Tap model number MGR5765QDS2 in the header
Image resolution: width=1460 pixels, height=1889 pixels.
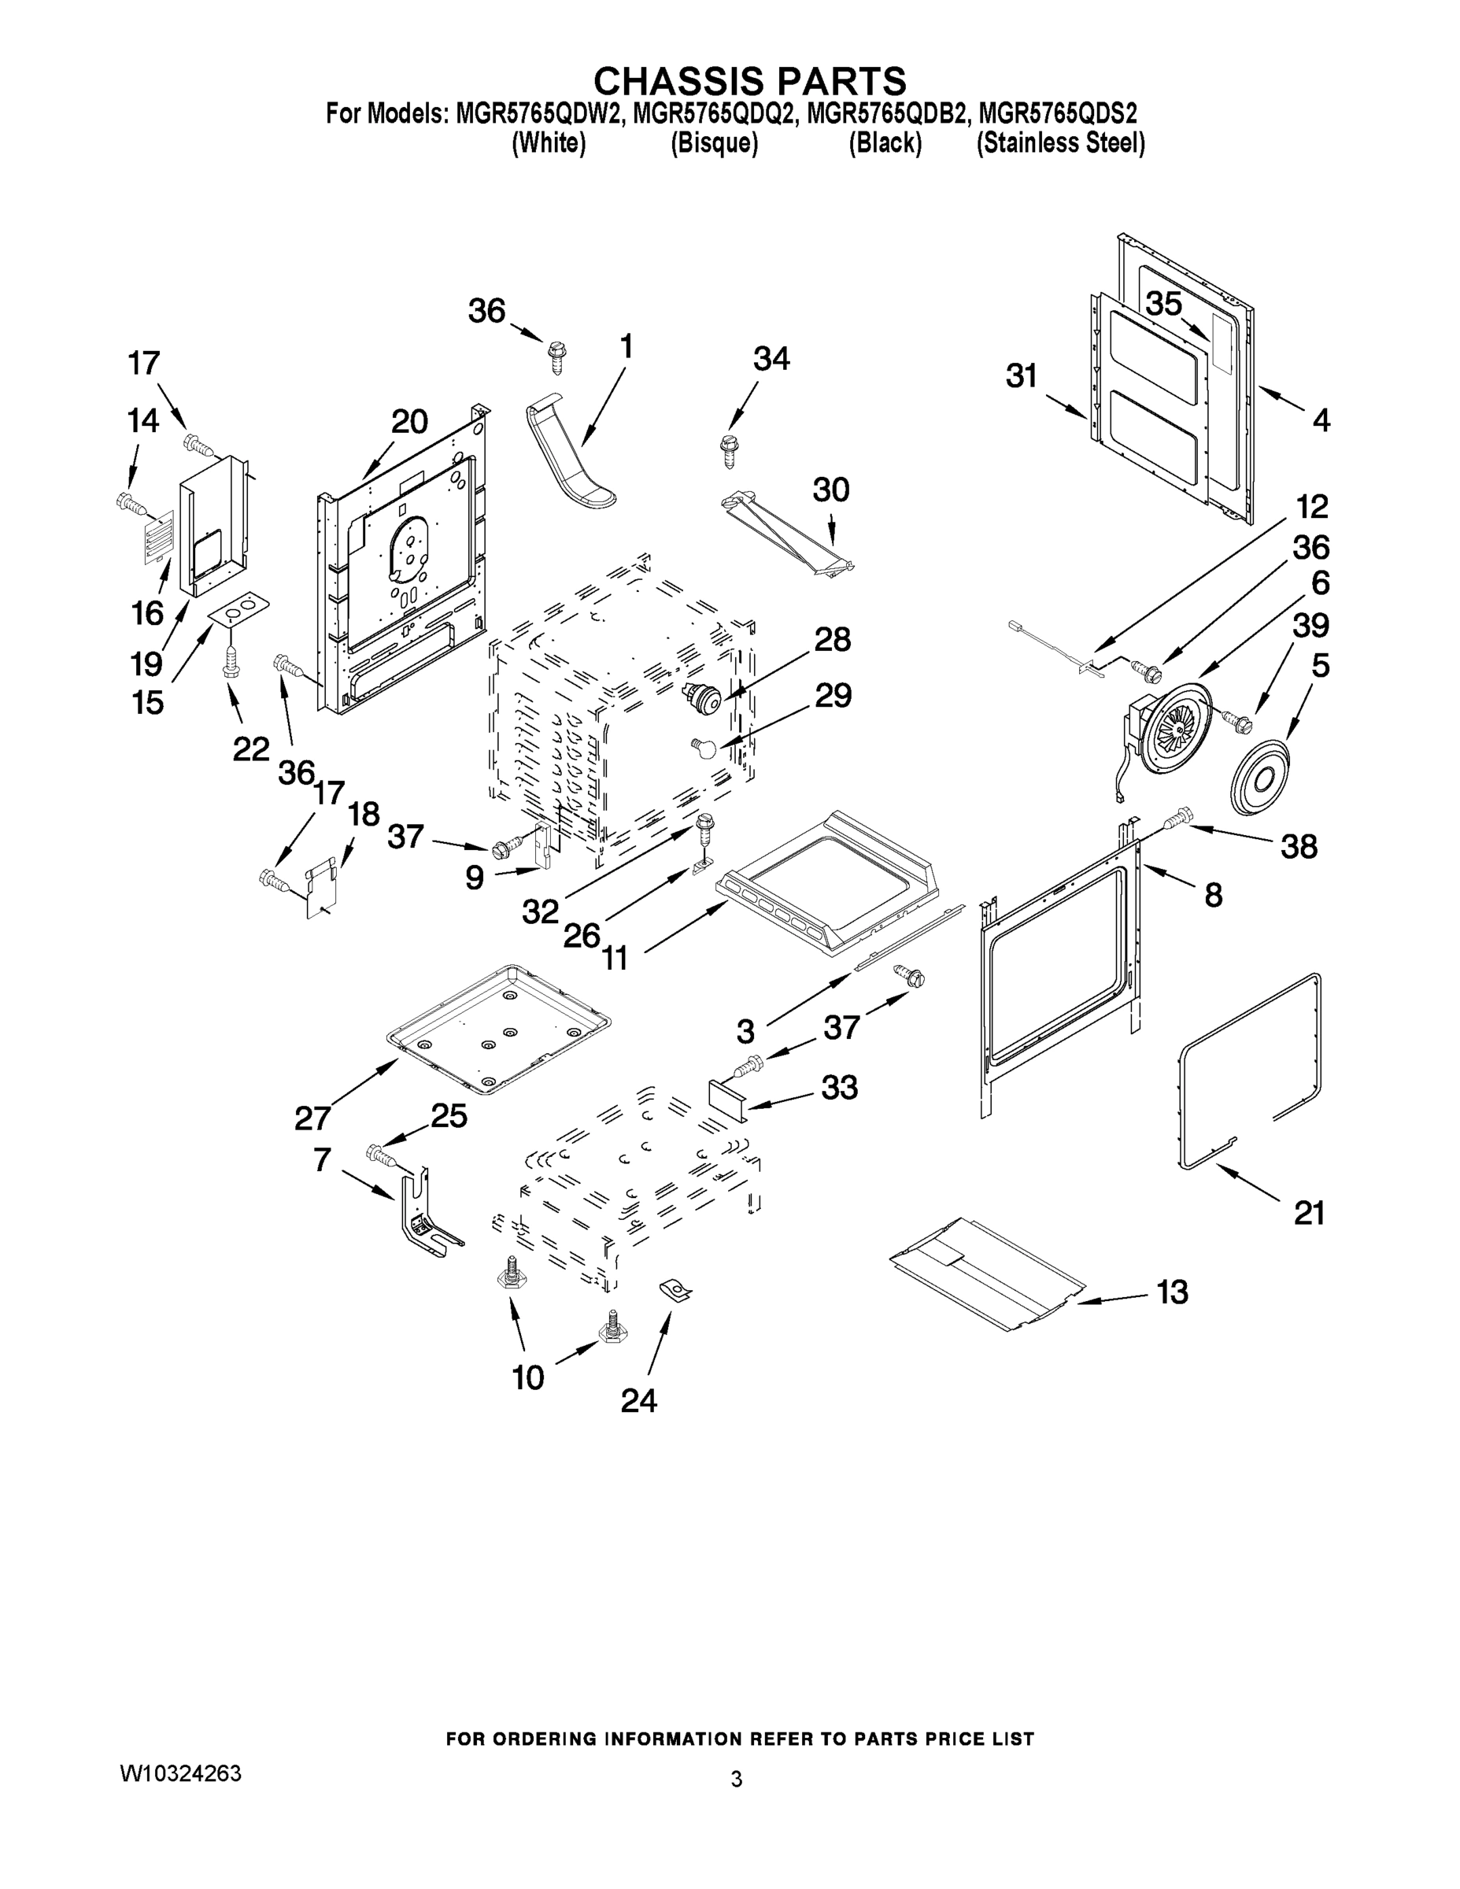(x=1057, y=113)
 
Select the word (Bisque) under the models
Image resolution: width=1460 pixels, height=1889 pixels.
(x=715, y=143)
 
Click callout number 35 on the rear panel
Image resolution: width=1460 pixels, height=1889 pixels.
(x=1163, y=305)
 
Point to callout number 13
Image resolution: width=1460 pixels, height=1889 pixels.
(x=1172, y=1292)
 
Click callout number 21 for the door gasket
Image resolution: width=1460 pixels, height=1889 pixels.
(x=1309, y=1214)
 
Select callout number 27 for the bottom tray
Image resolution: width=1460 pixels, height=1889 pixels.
(x=312, y=1118)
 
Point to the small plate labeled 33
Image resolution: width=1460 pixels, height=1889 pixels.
(x=726, y=1100)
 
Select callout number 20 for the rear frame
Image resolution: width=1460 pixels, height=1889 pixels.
(x=409, y=422)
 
